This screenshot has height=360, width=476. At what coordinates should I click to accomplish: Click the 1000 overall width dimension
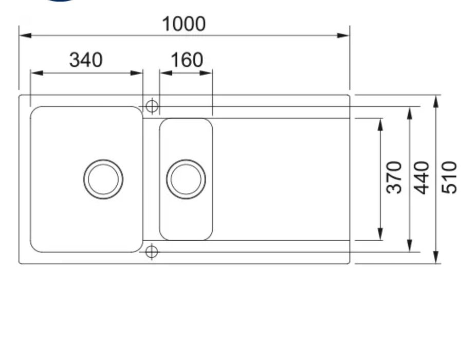(184, 24)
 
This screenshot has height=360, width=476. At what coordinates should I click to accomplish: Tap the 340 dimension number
(86, 60)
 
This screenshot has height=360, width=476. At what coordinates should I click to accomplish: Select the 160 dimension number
(187, 60)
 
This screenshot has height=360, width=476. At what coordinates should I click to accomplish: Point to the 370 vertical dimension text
(394, 177)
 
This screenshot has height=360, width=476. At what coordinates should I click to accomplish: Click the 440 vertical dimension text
(422, 177)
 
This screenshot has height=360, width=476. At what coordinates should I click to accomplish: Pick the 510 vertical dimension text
(449, 177)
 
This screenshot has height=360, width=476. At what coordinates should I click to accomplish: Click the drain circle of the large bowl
(103, 179)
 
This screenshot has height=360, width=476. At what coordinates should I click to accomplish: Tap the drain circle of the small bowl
(186, 179)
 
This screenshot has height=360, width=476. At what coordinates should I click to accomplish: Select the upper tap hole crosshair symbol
(152, 106)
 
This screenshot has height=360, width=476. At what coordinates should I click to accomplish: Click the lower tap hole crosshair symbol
(152, 252)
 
